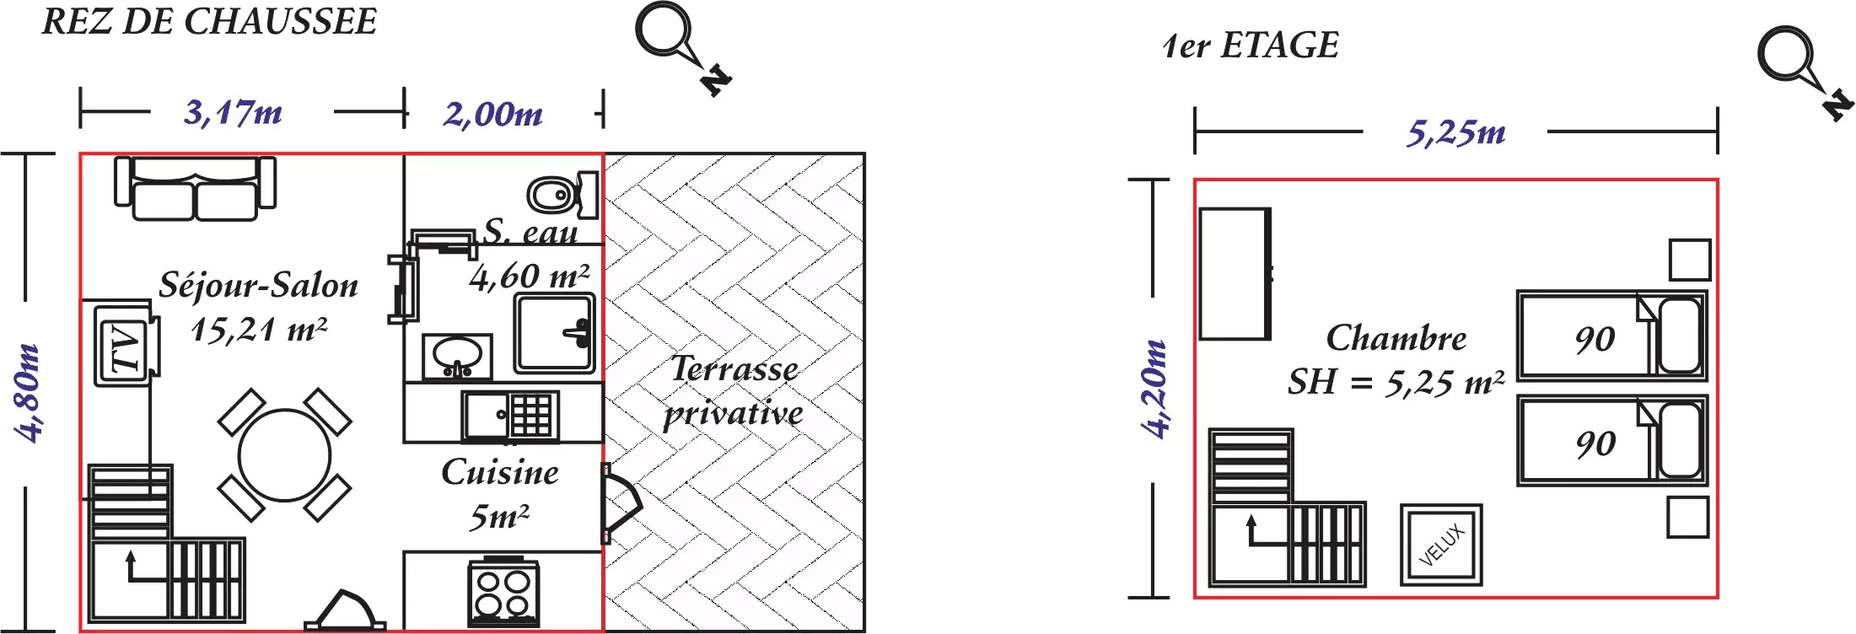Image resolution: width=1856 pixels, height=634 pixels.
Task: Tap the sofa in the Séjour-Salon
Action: click(x=195, y=189)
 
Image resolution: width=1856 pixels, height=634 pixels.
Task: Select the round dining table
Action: click(x=284, y=455)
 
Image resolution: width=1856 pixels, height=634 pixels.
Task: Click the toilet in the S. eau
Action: click(x=559, y=195)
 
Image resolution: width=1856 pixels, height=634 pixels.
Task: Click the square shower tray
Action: click(x=554, y=333)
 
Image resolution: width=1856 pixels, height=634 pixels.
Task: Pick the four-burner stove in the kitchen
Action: click(x=503, y=593)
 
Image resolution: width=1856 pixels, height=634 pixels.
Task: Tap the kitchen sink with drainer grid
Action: click(x=509, y=415)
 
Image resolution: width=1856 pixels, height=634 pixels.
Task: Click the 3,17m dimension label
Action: click(x=233, y=112)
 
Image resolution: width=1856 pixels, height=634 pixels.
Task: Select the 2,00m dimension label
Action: click(x=493, y=114)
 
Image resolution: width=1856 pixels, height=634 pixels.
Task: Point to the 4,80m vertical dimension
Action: click(x=27, y=392)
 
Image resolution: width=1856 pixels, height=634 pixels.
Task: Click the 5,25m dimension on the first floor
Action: click(x=1455, y=132)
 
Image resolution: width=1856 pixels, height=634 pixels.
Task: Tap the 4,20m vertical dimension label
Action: click(x=1154, y=389)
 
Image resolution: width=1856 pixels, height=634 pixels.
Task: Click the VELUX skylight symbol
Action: click(x=1441, y=545)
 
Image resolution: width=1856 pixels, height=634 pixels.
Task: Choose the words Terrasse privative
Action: click(x=734, y=391)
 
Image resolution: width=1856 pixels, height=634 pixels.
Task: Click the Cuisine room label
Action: click(x=500, y=472)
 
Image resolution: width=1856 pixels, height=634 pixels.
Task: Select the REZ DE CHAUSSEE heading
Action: click(x=209, y=22)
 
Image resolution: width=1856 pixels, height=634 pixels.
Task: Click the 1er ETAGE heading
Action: click(x=1250, y=46)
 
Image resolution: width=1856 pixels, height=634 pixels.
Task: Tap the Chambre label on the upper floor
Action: click(x=1396, y=338)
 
